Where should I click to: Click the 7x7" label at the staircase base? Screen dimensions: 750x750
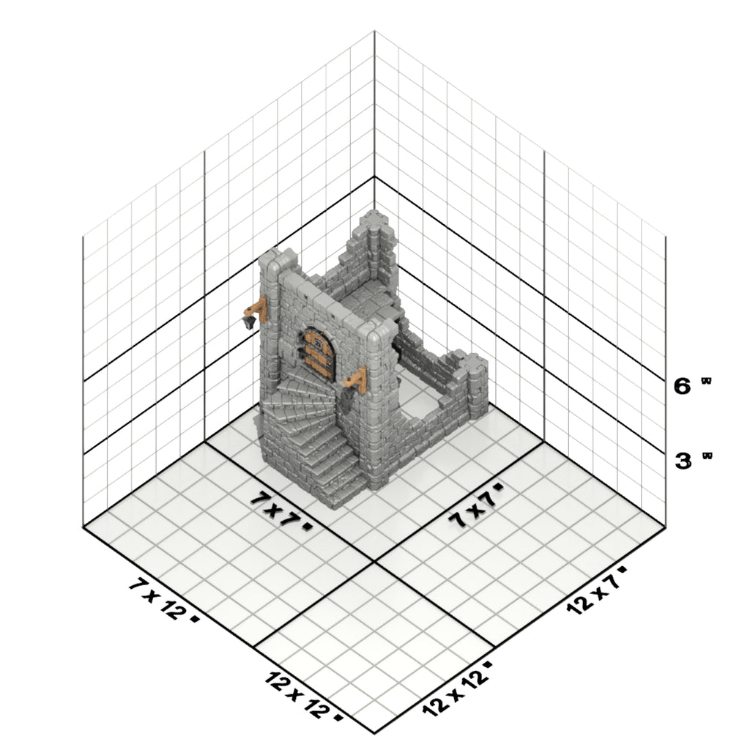281,510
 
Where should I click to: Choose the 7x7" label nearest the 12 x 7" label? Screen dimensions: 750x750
477,505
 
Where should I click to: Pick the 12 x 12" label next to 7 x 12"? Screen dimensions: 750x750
303,695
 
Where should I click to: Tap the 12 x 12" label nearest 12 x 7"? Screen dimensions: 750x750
457,689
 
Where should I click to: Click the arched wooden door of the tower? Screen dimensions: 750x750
316,354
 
